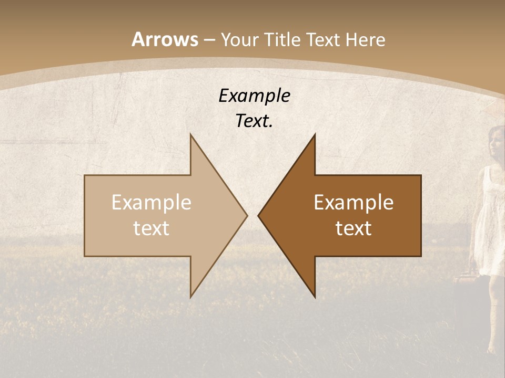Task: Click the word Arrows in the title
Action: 165,39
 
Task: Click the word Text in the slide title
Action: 324,40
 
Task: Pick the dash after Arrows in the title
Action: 209,40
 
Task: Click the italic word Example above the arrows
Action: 254,96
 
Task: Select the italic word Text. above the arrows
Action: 254,121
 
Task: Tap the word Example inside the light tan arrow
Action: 151,203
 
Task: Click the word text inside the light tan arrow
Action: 151,228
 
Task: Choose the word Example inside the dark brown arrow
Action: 353,203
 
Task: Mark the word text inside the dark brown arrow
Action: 353,228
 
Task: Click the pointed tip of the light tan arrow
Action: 246,215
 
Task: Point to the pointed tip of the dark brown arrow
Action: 259,215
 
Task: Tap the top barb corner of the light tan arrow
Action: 191,135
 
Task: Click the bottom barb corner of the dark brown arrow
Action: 315,297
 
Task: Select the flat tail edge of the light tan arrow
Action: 85,215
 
